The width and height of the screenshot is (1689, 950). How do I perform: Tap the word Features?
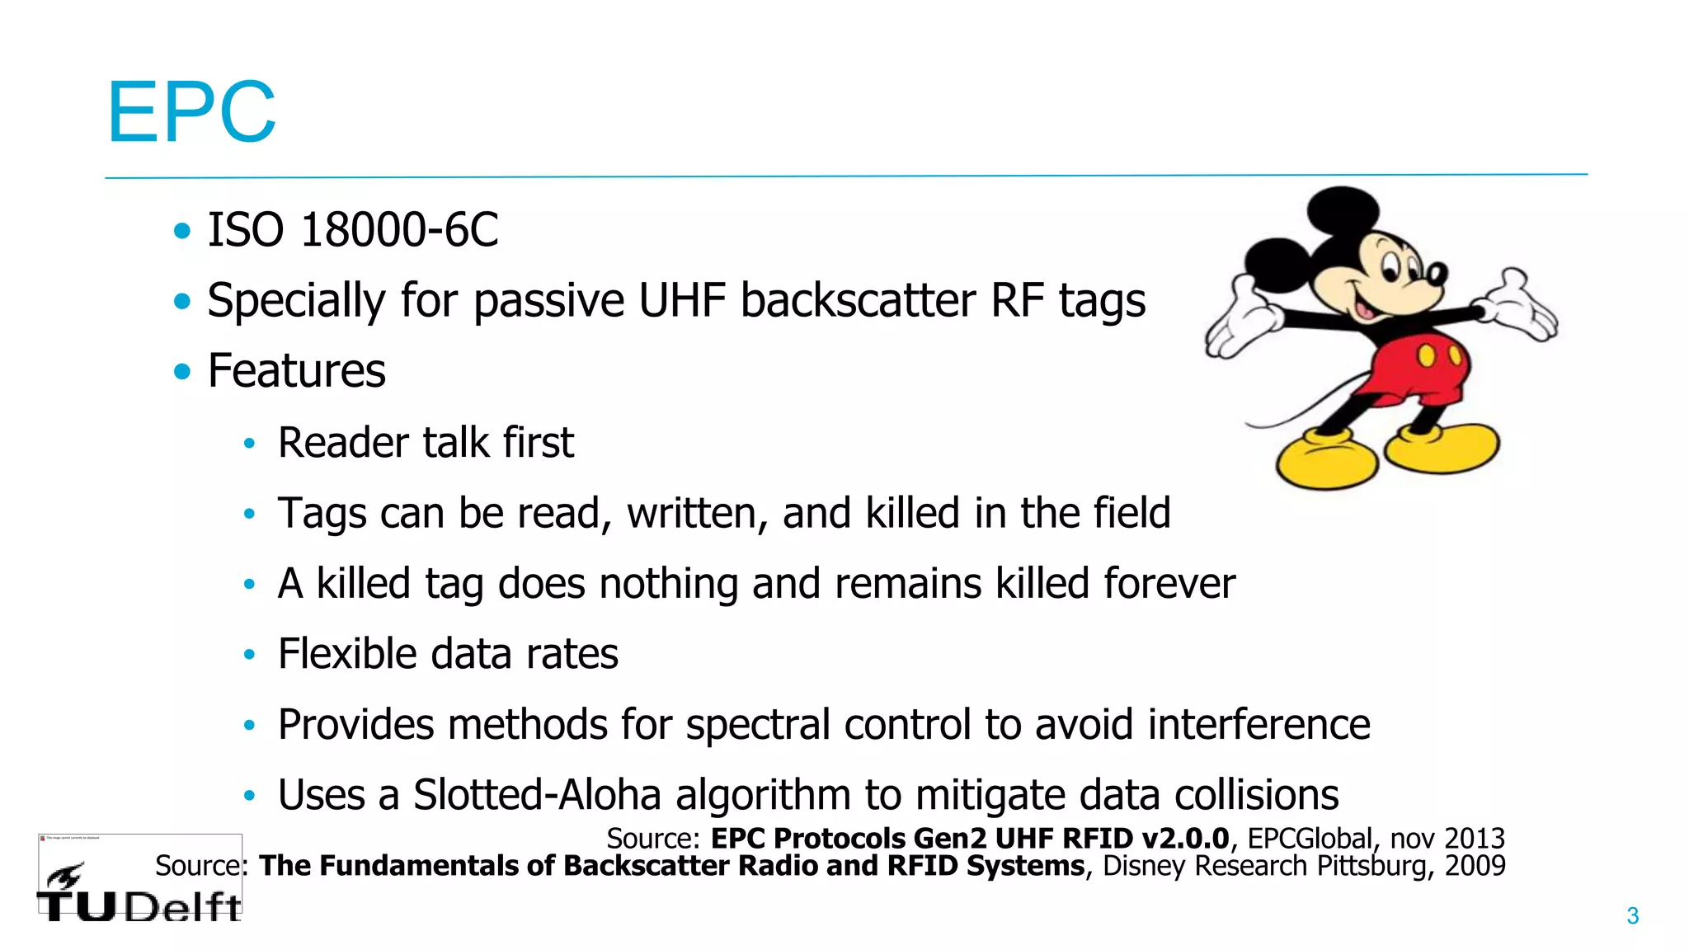coord(296,370)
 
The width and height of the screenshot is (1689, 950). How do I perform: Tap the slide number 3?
coord(1632,915)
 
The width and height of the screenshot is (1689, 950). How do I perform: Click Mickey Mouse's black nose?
coord(1437,273)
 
